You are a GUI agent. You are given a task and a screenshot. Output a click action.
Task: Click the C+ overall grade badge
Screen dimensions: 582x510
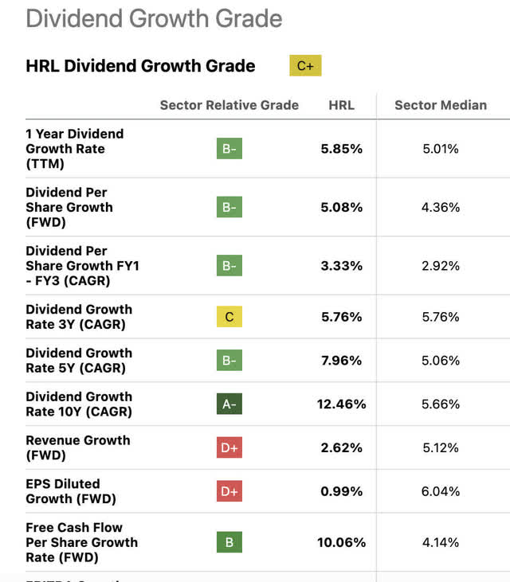coord(305,66)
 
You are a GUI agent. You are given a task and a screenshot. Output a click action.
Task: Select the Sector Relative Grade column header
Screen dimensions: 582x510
coord(229,105)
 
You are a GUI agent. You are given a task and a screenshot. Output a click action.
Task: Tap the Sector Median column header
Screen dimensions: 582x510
coord(440,105)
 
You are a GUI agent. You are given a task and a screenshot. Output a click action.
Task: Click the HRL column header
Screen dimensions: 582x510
coord(341,105)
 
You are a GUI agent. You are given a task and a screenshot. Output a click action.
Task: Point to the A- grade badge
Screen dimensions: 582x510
coord(229,404)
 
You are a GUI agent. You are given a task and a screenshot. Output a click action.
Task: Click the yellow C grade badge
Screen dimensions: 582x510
coord(229,317)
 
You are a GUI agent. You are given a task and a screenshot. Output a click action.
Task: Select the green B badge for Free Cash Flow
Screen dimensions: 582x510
coord(229,542)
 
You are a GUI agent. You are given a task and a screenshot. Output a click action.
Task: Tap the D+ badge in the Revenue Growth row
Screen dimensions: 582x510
coord(229,448)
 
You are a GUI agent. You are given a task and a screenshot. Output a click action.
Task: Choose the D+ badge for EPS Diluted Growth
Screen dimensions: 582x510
coord(229,491)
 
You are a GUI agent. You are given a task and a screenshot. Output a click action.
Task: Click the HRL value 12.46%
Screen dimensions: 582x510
coord(341,404)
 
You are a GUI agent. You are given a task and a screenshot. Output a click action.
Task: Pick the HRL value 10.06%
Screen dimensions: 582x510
coord(341,542)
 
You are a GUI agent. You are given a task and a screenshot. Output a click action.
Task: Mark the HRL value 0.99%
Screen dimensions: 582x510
coord(341,491)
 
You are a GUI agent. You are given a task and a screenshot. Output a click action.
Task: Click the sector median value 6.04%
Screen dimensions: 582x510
coord(440,491)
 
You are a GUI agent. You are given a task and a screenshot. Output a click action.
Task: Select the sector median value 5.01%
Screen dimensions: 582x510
coord(440,149)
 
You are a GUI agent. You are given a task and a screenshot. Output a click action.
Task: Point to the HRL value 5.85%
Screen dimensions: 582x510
coord(341,149)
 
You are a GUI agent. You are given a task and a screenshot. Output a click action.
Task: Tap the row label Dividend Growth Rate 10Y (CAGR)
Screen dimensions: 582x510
coord(79,404)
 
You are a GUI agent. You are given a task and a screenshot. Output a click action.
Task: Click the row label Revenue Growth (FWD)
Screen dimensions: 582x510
coord(77,447)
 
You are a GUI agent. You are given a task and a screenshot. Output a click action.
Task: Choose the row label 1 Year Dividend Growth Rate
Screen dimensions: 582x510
coord(74,148)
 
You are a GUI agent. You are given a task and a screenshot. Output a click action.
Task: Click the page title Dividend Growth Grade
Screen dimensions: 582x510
coord(154,18)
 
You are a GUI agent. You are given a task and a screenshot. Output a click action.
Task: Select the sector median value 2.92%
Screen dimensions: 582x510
coord(440,266)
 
